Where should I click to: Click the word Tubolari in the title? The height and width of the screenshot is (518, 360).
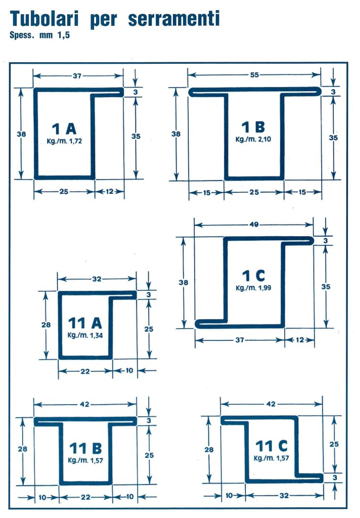[x=44, y=19]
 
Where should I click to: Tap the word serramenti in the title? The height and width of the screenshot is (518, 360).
[x=174, y=19]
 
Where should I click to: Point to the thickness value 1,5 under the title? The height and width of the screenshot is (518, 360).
[x=64, y=35]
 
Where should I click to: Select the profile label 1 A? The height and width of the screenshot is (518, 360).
[x=64, y=128]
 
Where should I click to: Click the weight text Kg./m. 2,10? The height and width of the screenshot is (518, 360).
[x=253, y=140]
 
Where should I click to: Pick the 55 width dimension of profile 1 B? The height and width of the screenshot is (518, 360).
[x=254, y=75]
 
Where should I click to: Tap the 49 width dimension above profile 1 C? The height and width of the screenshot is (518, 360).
[x=254, y=225]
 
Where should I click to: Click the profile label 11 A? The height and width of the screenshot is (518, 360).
[x=85, y=323]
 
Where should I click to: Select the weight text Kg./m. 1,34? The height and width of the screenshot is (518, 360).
[x=85, y=335]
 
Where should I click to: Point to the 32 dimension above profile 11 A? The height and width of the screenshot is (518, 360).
[x=97, y=279]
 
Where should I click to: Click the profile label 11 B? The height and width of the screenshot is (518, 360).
[x=85, y=448]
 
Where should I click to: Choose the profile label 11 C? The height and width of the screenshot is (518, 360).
[x=272, y=446]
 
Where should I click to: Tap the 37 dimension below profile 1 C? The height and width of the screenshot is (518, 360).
[x=240, y=340]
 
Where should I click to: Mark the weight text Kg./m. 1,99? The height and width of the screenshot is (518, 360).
[x=253, y=288]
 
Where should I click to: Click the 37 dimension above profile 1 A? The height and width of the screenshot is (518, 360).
[x=77, y=76]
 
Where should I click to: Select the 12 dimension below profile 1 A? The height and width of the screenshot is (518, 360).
[x=110, y=191]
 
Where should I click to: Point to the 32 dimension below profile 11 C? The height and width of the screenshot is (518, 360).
[x=284, y=496]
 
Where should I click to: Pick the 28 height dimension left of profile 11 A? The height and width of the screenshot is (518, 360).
[x=46, y=325]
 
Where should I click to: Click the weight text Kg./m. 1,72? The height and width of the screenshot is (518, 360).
[x=64, y=141]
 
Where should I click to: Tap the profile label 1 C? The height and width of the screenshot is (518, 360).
[x=253, y=276]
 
